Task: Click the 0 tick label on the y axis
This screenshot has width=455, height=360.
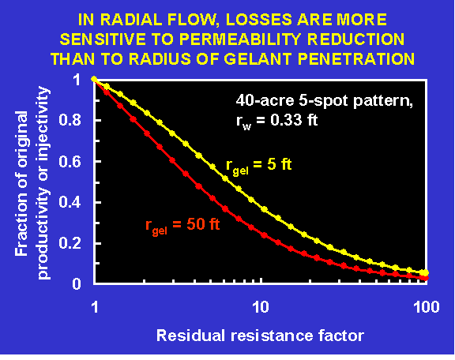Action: tap(77, 283)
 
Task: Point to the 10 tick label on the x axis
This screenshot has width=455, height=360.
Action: tap(261, 307)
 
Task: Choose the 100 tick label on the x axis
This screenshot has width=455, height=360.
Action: tap(427, 307)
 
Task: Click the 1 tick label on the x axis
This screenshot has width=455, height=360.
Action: tap(95, 307)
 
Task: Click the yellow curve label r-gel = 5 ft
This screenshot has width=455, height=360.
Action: tap(259, 166)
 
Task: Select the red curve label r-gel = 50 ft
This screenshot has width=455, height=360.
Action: tap(182, 226)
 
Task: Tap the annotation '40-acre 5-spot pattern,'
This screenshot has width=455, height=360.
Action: tap(325, 101)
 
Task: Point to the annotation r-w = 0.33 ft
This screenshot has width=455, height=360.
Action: tap(276, 121)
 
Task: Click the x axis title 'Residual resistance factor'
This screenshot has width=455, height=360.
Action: tap(261, 336)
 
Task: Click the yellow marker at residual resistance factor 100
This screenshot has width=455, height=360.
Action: tap(425, 272)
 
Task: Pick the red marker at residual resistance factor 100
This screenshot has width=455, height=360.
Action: tap(426, 278)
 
